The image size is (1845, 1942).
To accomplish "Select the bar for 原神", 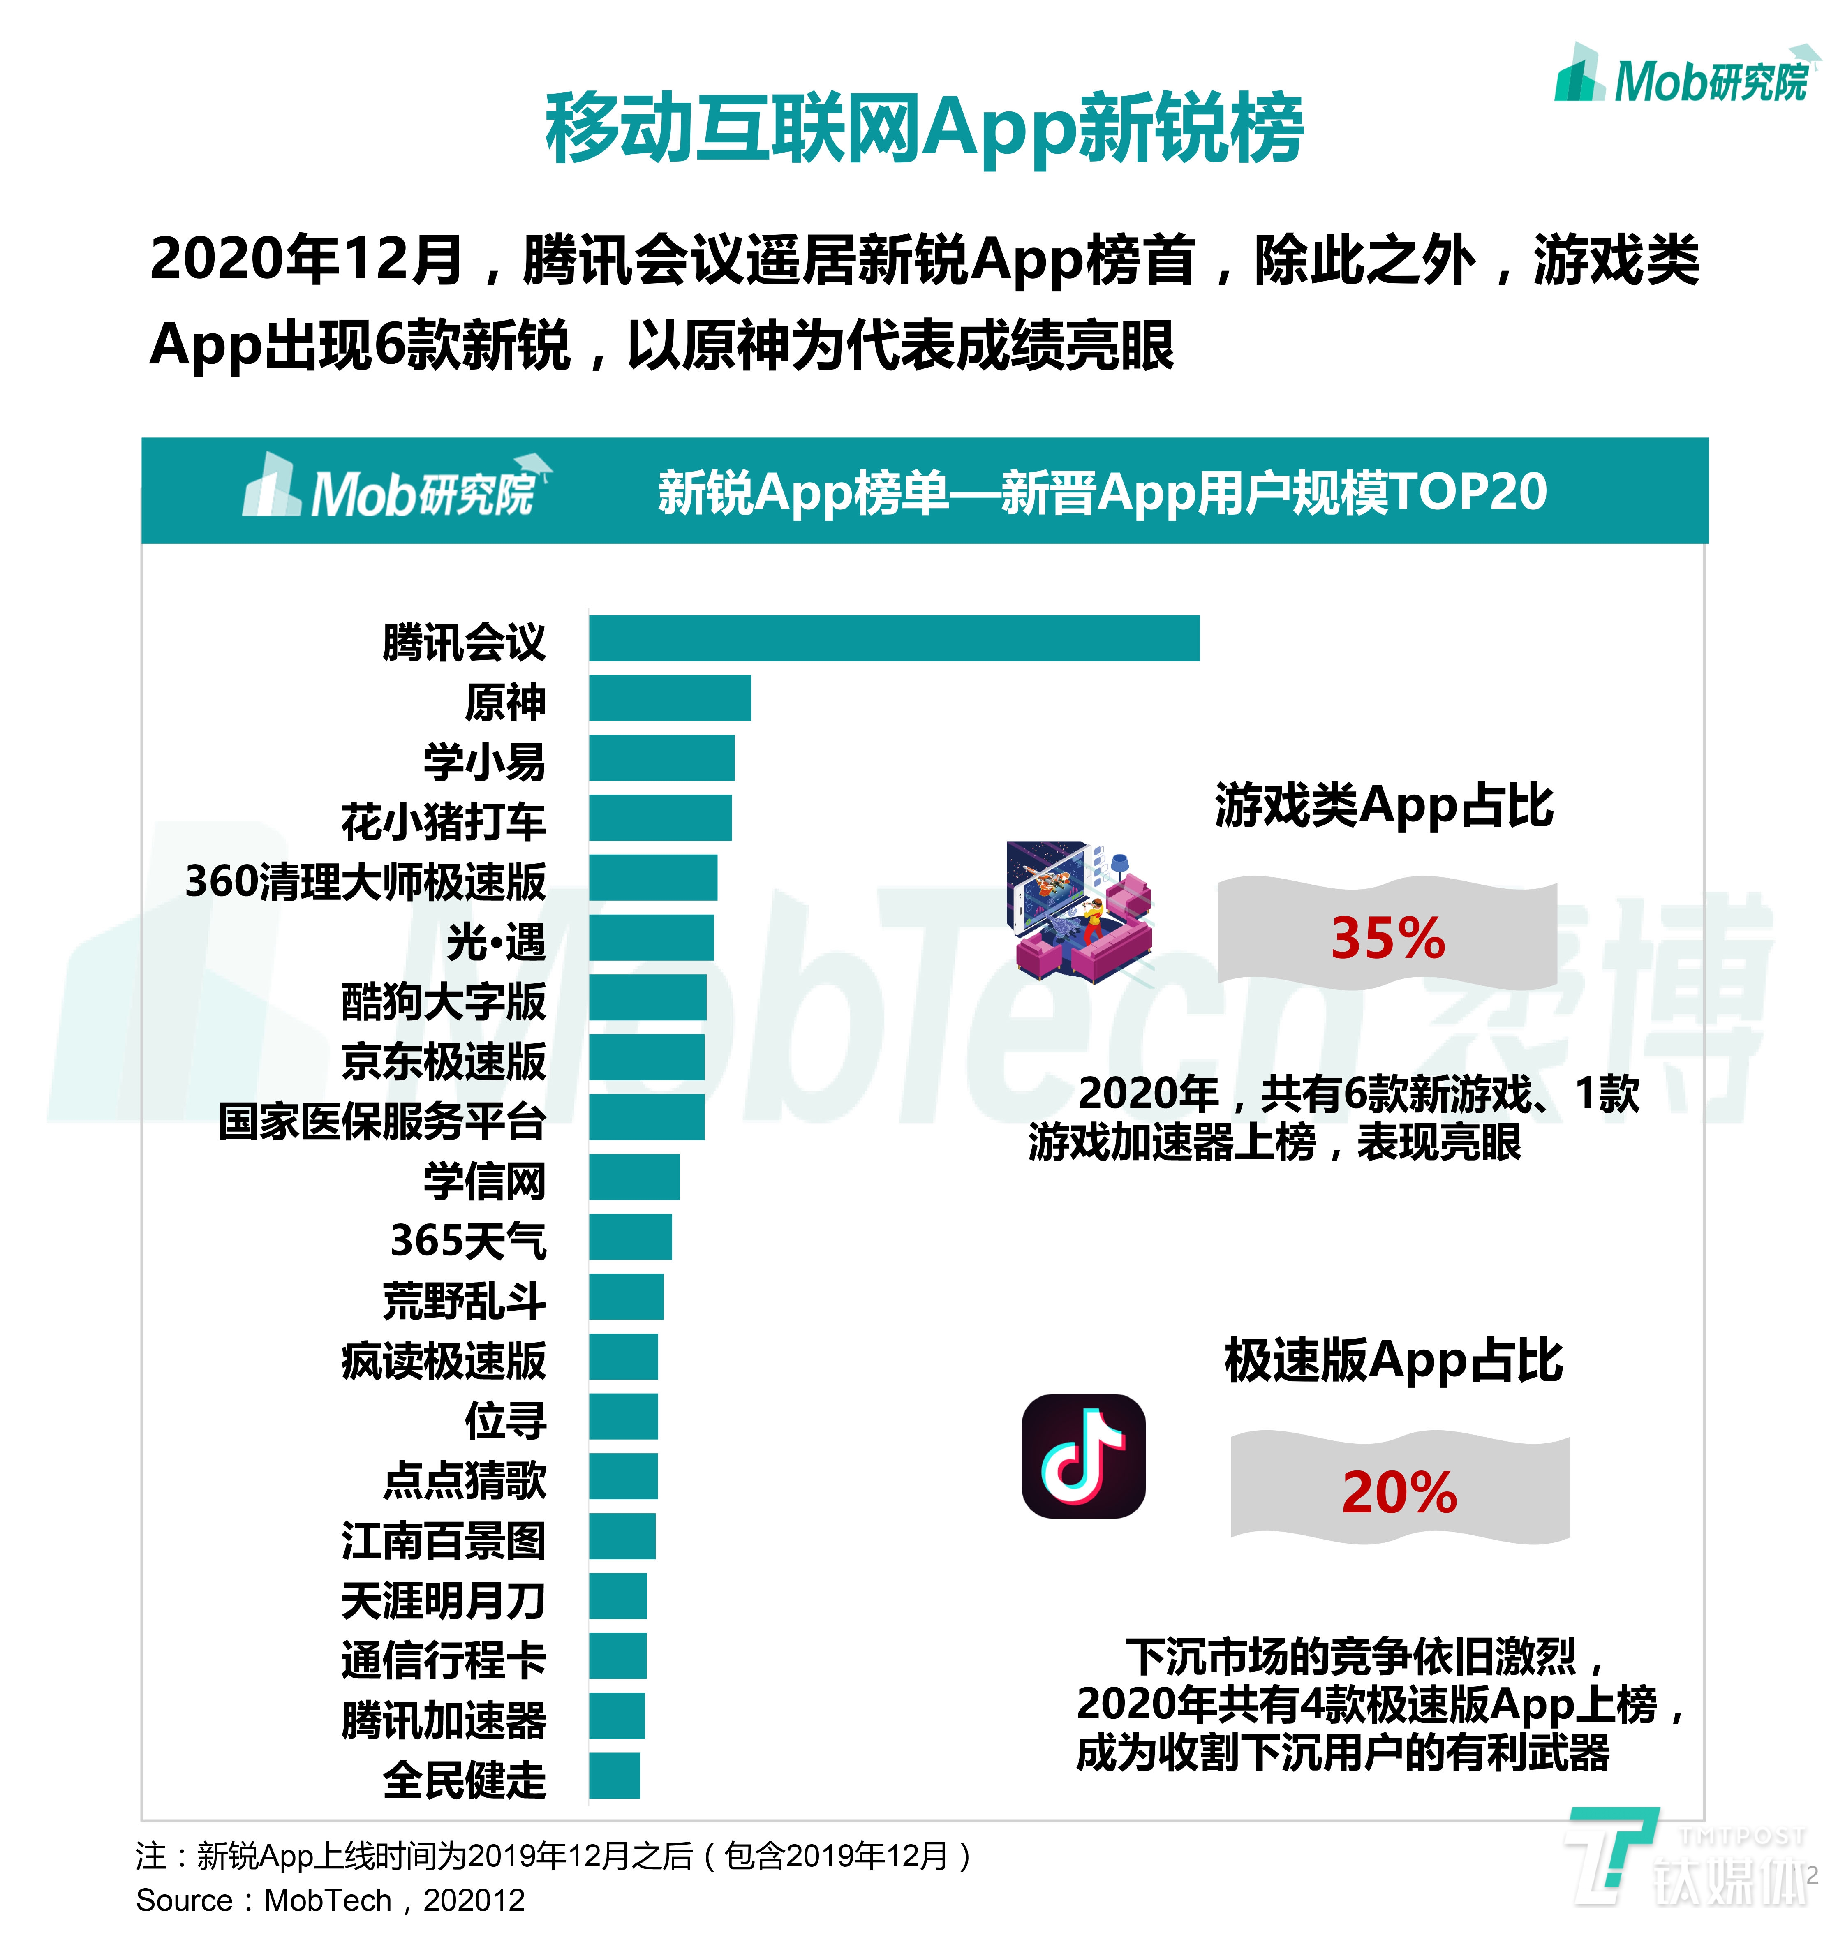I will (670, 698).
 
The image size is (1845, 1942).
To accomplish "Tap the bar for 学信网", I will (634, 1177).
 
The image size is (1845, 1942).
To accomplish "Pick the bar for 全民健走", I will (615, 1776).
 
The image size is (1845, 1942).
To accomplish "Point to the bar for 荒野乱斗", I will (627, 1297).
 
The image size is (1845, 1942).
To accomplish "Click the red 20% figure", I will (1399, 1493).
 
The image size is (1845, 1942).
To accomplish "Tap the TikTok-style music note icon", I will (1084, 1456).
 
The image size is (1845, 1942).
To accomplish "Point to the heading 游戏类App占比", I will (1384, 806).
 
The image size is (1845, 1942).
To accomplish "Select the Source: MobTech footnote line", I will (331, 1901).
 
